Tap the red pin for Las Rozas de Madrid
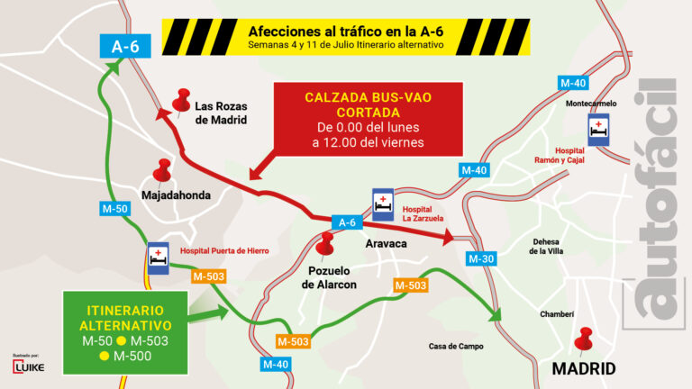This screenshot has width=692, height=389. click(x=184, y=101)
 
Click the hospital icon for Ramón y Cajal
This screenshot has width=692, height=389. click(x=597, y=128)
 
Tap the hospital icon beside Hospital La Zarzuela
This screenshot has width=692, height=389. click(x=384, y=204)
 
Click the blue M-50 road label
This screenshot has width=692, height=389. click(x=112, y=208)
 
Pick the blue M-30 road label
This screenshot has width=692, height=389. click(x=480, y=258)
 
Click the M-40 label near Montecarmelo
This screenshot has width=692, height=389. click(x=573, y=84)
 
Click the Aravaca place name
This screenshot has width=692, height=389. click(x=387, y=244)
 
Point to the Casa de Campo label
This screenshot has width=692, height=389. click(x=456, y=346)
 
